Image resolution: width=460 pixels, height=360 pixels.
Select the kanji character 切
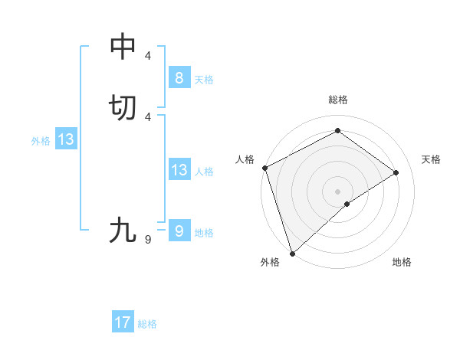click(x=123, y=108)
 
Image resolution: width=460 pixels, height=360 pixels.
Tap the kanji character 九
click(x=123, y=230)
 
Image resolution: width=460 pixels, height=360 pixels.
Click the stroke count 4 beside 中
click(x=148, y=56)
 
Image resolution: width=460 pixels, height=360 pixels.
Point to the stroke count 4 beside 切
click(x=148, y=116)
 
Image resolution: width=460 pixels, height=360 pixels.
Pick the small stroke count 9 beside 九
click(x=148, y=240)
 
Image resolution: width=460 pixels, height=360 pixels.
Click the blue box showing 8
click(x=179, y=77)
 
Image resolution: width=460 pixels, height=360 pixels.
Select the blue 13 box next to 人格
click(x=179, y=170)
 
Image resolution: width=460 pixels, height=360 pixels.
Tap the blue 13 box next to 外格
click(x=65, y=139)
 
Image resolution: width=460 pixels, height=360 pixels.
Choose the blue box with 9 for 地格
click(x=179, y=231)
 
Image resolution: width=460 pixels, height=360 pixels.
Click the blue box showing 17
click(x=123, y=322)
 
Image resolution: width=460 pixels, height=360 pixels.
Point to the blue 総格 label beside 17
click(x=147, y=324)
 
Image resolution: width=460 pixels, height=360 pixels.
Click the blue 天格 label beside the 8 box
click(x=204, y=79)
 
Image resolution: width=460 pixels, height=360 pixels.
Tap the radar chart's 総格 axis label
click(x=338, y=100)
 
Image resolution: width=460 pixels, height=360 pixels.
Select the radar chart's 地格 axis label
click(x=402, y=262)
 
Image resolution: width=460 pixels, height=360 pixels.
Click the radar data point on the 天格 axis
click(x=396, y=172)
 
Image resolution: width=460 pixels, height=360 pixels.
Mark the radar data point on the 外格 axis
click(x=292, y=253)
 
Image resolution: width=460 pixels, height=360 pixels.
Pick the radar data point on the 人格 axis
click(x=264, y=168)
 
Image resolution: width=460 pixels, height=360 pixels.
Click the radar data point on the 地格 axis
click(x=347, y=204)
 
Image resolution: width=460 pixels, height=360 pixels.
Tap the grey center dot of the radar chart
click(x=337, y=191)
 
